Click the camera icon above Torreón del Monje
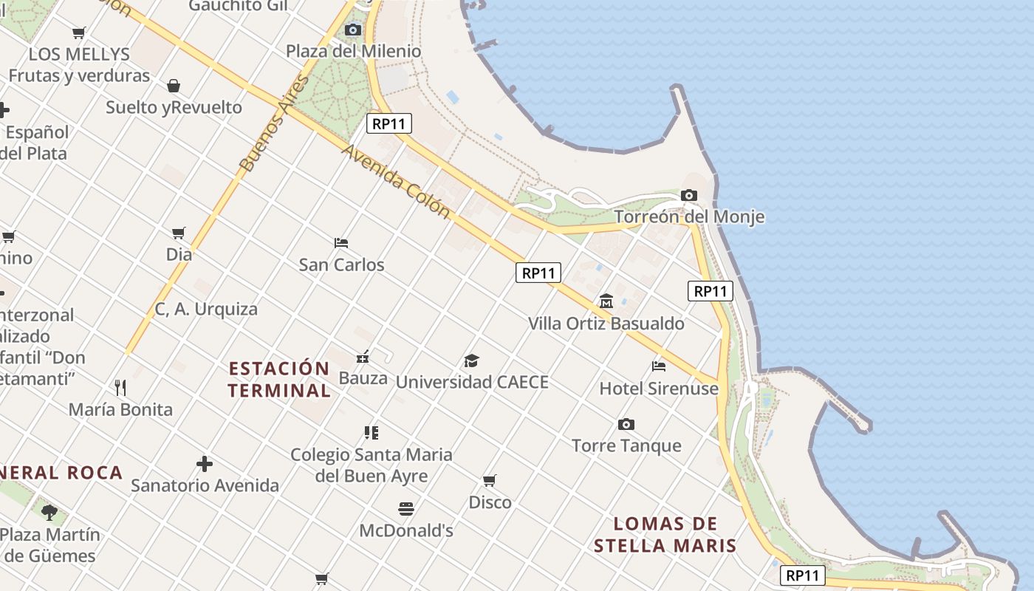click(688, 196)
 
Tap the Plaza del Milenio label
click(353, 51)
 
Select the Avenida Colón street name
click(396, 181)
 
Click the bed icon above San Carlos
click(341, 242)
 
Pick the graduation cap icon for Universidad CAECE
click(471, 361)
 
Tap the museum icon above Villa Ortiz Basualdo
click(606, 301)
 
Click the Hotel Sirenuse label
click(659, 388)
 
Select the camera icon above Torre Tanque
click(626, 424)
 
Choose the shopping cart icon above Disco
click(489, 481)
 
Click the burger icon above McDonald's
click(405, 508)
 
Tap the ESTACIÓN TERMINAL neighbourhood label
click(279, 379)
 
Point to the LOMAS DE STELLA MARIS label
click(665, 535)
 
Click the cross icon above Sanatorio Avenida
click(205, 464)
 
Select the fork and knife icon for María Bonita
click(120, 387)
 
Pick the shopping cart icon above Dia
click(178, 233)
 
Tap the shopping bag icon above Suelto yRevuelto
click(174, 86)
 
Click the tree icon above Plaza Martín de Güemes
click(49, 511)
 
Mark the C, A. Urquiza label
click(206, 309)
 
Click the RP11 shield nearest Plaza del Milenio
click(388, 123)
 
